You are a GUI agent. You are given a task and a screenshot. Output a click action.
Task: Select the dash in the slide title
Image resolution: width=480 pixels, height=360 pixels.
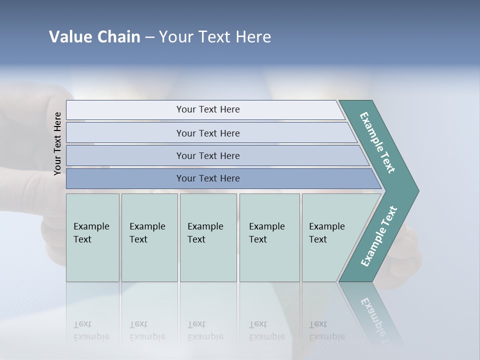[149, 37]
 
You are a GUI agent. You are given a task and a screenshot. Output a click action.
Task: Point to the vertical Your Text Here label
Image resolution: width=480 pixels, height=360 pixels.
[57, 143]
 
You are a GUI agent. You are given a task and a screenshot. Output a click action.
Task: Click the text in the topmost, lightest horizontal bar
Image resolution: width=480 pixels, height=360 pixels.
[208, 109]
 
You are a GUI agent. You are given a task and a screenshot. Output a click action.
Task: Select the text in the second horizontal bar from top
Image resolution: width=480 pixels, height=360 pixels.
[208, 133]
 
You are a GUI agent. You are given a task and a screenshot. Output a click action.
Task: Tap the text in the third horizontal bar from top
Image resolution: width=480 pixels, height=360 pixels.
[208, 156]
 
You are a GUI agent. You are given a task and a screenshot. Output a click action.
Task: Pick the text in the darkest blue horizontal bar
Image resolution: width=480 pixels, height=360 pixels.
[208, 178]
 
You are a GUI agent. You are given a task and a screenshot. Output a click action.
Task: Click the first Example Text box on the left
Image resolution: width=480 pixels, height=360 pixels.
[91, 233]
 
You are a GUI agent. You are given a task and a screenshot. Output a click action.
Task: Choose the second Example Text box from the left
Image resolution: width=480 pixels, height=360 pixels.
[147, 233]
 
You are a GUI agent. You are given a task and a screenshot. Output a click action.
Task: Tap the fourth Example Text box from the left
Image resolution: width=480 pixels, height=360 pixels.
[267, 233]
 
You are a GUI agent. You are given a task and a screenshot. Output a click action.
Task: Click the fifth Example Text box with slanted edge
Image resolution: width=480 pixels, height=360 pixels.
[327, 233]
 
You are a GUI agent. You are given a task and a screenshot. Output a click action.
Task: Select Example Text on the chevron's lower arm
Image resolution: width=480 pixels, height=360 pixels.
[379, 236]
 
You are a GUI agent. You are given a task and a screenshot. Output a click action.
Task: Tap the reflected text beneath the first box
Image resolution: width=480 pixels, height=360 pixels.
[91, 330]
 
